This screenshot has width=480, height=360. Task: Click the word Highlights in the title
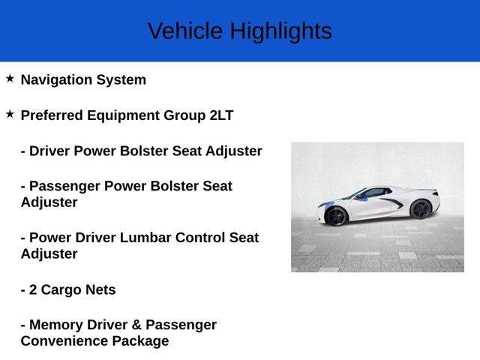coord(280,31)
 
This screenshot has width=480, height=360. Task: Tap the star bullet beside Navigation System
coord(10,78)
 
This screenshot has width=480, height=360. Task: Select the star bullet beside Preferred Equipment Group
coord(10,114)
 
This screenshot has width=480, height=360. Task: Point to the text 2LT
coord(221,115)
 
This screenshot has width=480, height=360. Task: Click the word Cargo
coord(64,289)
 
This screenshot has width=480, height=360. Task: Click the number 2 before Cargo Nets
coord(33,289)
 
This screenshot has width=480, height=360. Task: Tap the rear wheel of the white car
coord(421,209)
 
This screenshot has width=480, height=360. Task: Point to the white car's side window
coord(373,193)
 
